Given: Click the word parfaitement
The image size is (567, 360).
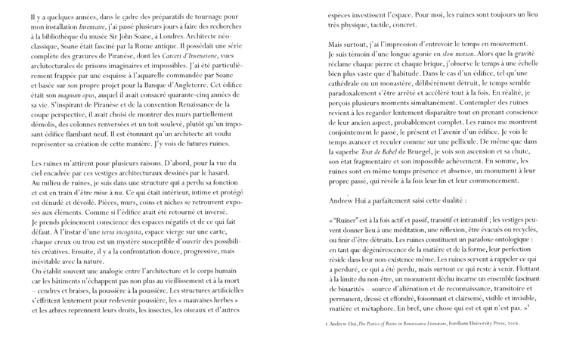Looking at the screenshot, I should click(x=401, y=201).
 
